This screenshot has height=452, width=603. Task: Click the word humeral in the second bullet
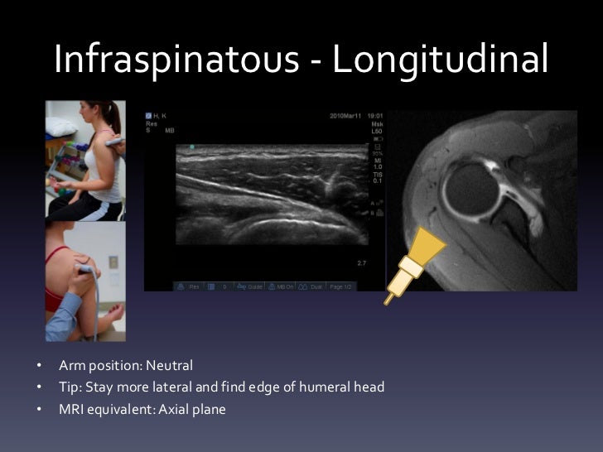pos(317,387)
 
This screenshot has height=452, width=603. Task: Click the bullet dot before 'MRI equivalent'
pos(38,408)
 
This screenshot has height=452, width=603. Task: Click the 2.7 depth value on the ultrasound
pos(361,263)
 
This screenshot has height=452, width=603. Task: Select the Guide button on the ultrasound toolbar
pos(251,286)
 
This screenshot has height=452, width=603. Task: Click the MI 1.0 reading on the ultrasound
pos(378,164)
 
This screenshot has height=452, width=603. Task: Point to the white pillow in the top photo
pos(61,126)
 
